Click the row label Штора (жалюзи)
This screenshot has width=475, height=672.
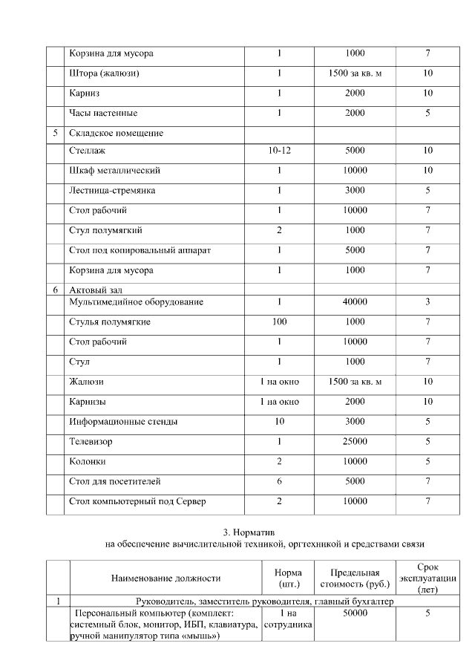tap(105, 74)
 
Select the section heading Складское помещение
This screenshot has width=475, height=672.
tap(116, 133)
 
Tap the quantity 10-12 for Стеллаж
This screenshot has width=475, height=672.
tap(279, 151)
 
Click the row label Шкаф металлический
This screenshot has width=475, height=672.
tap(114, 171)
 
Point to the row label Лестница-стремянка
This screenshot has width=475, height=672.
tap(112, 191)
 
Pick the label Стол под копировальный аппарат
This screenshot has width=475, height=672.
tap(140, 250)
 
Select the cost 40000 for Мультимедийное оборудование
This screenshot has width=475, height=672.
tap(356, 302)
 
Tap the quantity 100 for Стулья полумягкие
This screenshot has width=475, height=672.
tap(279, 322)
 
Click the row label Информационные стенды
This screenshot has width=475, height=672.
tap(123, 422)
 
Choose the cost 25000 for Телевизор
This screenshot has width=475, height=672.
tap(356, 442)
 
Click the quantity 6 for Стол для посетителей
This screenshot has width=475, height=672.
tap(279, 482)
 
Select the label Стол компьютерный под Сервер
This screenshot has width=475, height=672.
tap(137, 501)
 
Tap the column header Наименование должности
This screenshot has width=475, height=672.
tap(166, 578)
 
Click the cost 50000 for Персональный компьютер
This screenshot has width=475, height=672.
tap(356, 614)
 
